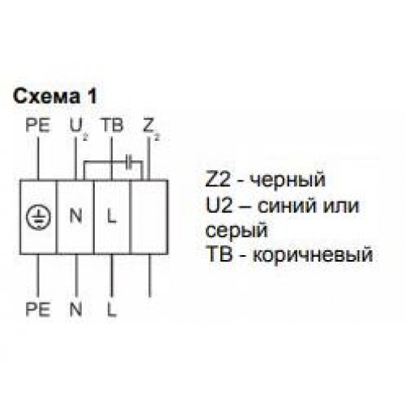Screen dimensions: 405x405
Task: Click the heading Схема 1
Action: click(55, 96)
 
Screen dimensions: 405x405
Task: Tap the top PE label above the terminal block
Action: click(38, 126)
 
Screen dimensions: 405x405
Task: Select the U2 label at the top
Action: click(79, 128)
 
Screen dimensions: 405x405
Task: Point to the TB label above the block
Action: click(113, 126)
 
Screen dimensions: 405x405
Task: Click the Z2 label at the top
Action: click(151, 129)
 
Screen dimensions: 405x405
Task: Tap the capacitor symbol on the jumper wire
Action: click(130, 162)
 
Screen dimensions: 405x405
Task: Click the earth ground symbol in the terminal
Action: click(38, 218)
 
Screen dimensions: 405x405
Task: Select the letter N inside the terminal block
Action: click(75, 216)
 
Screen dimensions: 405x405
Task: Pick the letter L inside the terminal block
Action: click(112, 216)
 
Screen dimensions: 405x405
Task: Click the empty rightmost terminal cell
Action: click(149, 217)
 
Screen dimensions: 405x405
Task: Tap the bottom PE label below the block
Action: click(38, 309)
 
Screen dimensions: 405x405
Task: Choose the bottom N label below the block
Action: click(75, 309)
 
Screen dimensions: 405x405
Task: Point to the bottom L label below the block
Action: click(112, 309)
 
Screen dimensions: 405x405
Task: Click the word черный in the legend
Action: click(287, 181)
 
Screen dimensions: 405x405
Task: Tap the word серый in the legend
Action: click(237, 232)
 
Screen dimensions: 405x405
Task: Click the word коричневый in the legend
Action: click(313, 255)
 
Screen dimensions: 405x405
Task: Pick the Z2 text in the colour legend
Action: click(219, 180)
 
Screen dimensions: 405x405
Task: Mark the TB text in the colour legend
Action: click(219, 254)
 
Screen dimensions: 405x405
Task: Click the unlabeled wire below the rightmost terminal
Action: click(150, 275)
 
